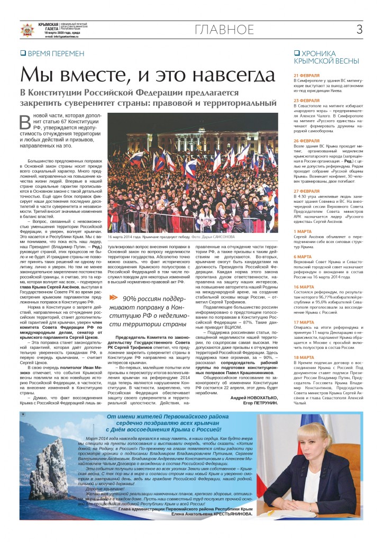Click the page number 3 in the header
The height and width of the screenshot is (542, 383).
359,30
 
